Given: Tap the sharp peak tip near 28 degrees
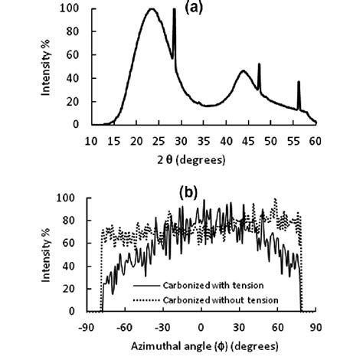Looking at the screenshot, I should tap(175, 10).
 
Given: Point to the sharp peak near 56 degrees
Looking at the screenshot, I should tap(299, 82).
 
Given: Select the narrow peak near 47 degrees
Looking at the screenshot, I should tap(259, 64).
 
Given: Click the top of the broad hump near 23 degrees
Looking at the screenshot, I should tap(152, 10).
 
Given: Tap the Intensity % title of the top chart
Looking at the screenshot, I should tap(47, 66).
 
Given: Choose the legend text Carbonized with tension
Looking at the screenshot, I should tap(203, 283).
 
